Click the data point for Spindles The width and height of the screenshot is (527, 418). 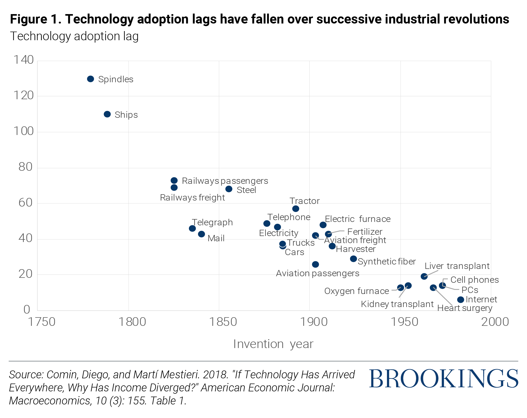(x=90, y=79)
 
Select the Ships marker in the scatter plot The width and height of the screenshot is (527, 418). (x=107, y=114)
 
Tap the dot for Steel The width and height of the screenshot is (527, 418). (x=229, y=189)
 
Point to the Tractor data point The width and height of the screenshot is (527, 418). (x=296, y=209)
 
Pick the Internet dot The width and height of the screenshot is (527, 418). (x=461, y=299)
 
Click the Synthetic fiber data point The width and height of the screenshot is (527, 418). (x=353, y=259)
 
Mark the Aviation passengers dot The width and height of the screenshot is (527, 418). (x=315, y=264)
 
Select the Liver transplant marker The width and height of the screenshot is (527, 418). (x=424, y=276)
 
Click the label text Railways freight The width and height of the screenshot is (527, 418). (x=192, y=198)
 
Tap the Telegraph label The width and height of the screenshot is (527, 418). (x=212, y=222)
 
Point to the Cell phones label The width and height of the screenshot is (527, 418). (x=474, y=280)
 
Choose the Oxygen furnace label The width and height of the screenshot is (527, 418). (x=356, y=291)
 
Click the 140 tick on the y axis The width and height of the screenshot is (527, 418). (x=24, y=60)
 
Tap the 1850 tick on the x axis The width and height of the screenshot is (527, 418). (x=223, y=322)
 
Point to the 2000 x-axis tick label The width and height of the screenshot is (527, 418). (x=495, y=322)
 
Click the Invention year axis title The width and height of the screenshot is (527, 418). (x=273, y=344)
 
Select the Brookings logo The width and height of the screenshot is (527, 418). (x=443, y=379)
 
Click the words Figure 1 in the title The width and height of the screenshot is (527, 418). (x=35, y=19)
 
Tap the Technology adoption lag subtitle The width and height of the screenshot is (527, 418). (x=74, y=36)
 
